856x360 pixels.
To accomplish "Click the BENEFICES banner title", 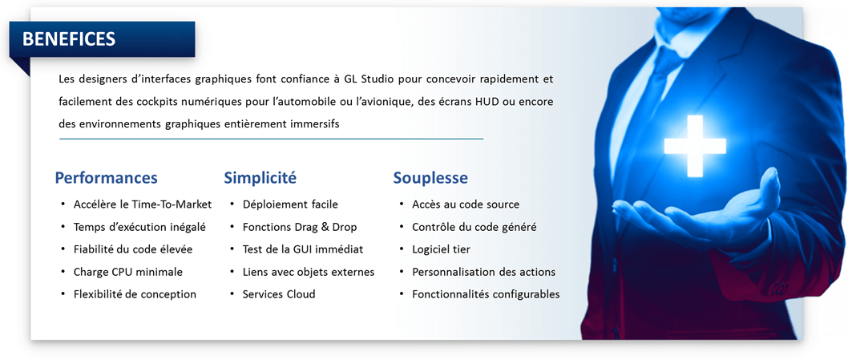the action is click(69, 39).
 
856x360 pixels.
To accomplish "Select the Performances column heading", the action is click(107, 178).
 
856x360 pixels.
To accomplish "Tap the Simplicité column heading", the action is click(260, 178).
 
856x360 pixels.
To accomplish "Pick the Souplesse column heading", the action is click(430, 179).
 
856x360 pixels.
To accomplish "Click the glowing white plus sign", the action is click(694, 146).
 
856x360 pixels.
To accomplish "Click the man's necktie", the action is click(656, 93).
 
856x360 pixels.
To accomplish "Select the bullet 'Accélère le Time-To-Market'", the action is click(143, 204).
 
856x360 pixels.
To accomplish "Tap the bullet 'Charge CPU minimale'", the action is click(128, 272).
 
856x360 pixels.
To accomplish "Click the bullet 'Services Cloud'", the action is click(279, 294).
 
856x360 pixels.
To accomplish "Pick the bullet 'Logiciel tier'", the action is click(441, 249).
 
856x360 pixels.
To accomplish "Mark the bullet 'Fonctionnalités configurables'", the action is click(486, 294).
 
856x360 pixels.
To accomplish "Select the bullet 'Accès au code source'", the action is click(466, 204).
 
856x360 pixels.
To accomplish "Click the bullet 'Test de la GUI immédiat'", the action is click(303, 249).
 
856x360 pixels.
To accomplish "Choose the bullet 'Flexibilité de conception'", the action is click(135, 294).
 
